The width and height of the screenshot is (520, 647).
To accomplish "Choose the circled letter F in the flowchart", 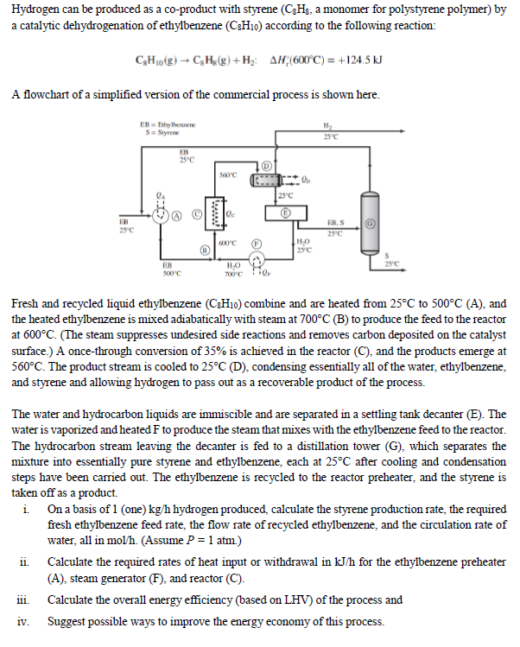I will click(x=257, y=244).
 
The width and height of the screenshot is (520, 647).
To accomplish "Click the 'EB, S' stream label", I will click(x=336, y=222).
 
